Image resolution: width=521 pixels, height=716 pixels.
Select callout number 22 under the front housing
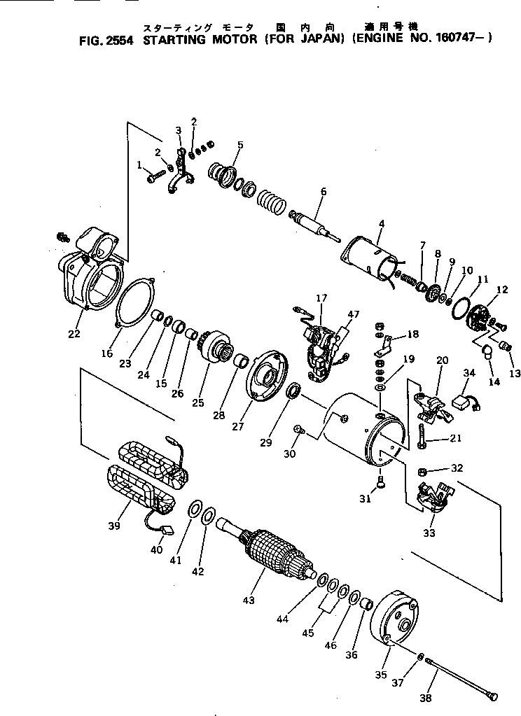coord(74,333)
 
